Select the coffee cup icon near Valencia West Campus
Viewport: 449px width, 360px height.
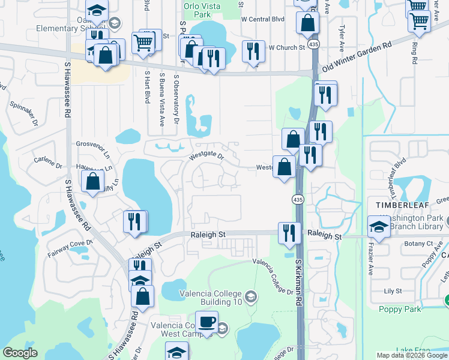(x=206, y=321)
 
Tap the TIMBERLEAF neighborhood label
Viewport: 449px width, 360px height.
(x=400, y=205)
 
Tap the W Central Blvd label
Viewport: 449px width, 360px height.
(x=262, y=19)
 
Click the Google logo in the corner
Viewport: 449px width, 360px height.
(x=20, y=353)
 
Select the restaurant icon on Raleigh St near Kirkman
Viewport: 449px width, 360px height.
(x=289, y=233)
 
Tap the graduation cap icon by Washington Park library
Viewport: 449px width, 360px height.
(x=378, y=227)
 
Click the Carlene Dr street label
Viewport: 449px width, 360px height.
(x=48, y=163)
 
